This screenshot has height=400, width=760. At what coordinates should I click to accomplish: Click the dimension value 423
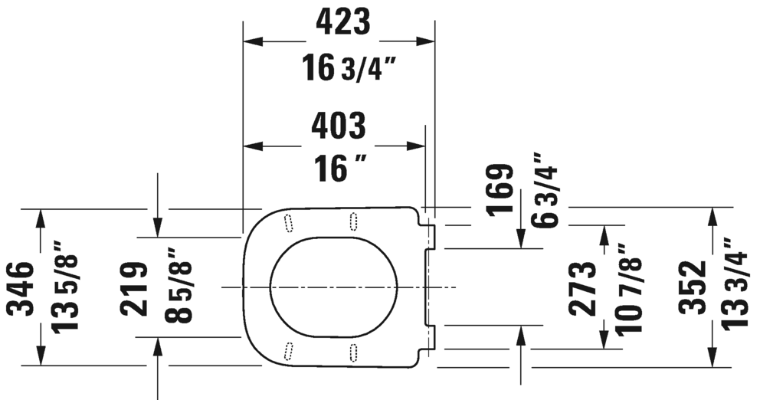[342, 23]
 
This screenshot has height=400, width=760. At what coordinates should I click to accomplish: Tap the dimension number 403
[337, 126]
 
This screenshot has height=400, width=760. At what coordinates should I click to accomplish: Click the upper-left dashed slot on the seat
[289, 221]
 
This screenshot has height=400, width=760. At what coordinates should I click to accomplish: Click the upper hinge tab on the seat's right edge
[430, 237]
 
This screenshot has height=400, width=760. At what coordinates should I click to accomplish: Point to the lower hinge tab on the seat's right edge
[430, 336]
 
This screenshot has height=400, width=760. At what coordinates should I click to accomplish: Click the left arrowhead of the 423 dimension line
[250, 41]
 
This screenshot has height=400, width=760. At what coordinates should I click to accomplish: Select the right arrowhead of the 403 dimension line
[419, 146]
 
